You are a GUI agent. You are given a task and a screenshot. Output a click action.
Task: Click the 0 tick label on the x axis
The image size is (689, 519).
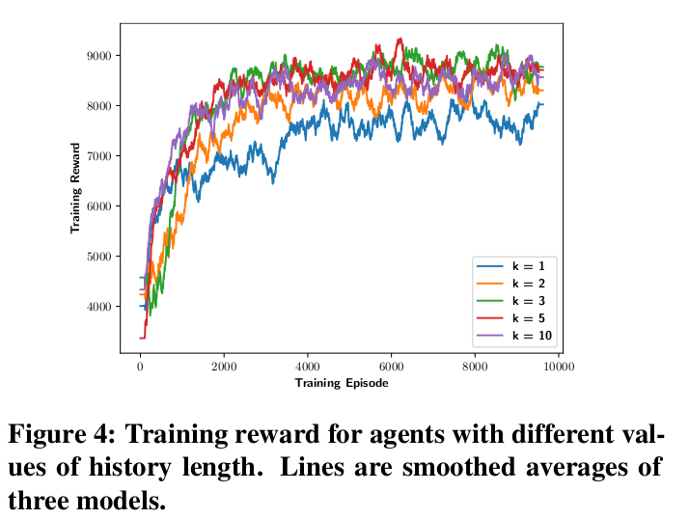(140, 368)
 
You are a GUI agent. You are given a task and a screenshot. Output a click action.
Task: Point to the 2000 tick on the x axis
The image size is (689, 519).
(224, 368)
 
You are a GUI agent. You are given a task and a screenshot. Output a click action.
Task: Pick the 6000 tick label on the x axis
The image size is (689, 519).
(391, 368)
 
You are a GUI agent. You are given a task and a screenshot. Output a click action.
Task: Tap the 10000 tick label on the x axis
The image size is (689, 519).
(559, 368)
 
